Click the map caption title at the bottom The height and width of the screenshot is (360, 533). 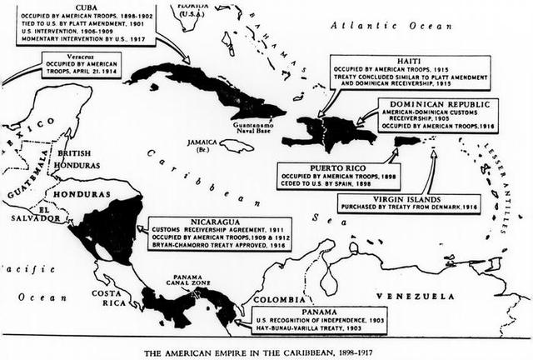click(x=266, y=348)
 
